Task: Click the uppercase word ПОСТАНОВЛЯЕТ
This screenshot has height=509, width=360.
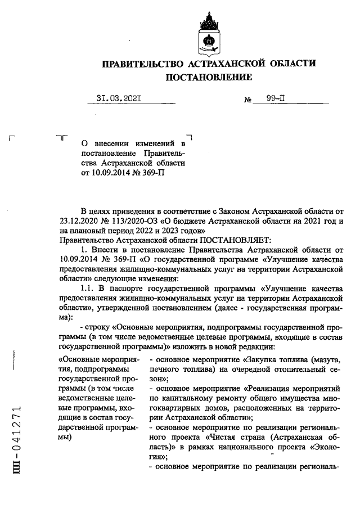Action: point(209,240)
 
